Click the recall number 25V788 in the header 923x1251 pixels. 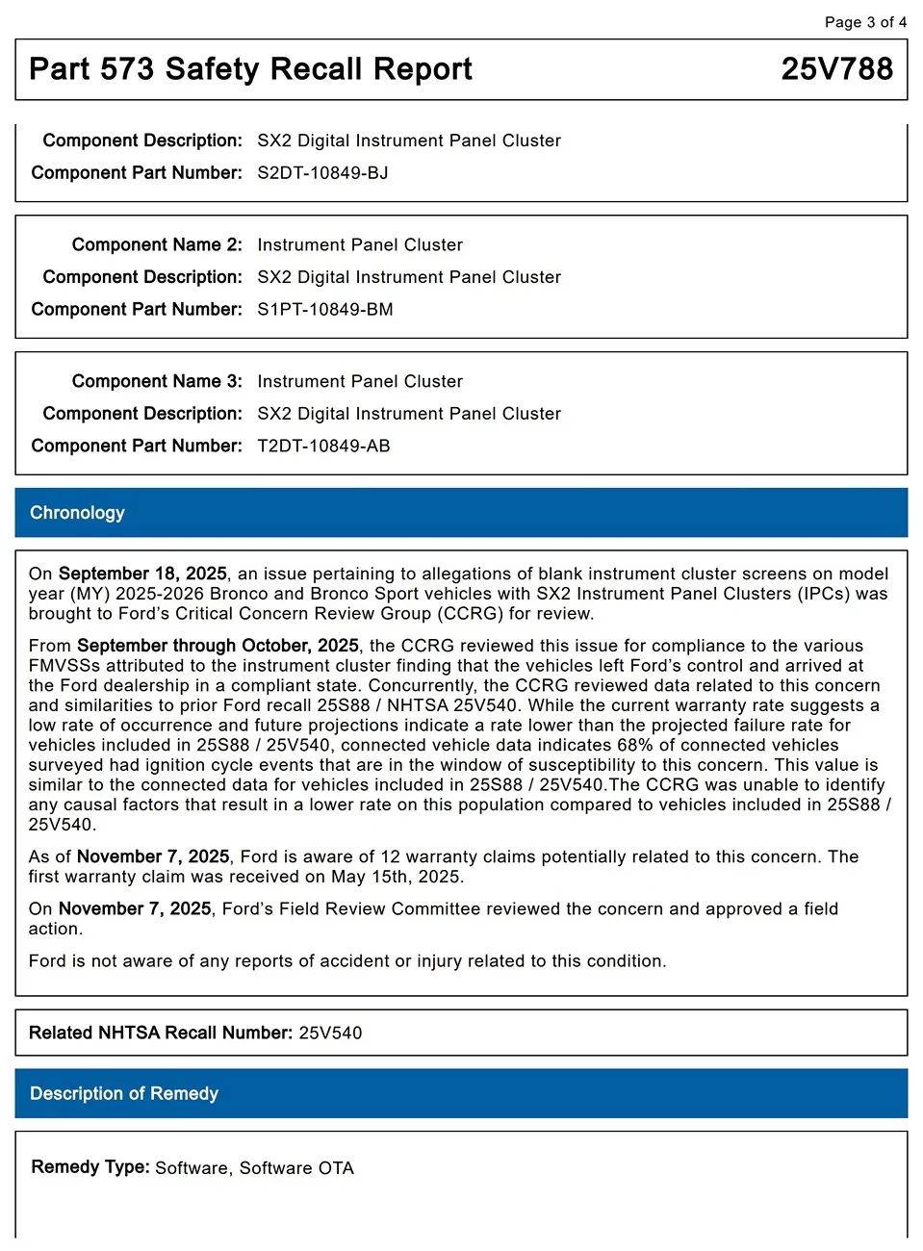836,69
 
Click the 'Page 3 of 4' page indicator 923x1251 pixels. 865,22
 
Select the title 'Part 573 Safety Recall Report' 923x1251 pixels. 250,69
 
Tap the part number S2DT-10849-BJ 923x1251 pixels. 322,173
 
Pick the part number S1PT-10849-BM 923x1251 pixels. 324,310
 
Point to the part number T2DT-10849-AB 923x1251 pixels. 323,447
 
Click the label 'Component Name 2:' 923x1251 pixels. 157,245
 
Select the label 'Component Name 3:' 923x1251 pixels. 157,382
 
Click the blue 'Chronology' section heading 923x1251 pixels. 77,513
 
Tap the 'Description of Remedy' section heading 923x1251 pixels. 124,1094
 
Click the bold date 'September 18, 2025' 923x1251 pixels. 142,574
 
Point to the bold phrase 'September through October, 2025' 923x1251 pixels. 218,646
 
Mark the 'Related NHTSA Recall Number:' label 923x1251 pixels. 161,1034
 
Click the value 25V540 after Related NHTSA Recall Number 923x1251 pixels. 330,1034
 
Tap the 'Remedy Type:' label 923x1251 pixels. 90,1167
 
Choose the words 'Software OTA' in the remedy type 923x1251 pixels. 296,1168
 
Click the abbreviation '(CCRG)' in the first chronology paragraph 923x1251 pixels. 471,614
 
